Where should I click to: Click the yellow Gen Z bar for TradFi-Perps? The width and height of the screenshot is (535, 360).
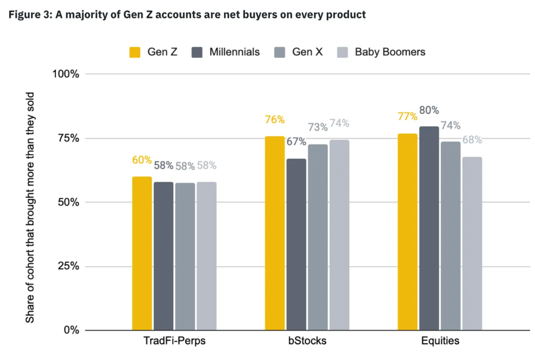tap(142, 253)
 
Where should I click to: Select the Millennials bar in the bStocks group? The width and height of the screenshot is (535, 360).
tap(296, 244)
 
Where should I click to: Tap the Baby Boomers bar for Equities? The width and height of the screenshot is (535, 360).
tap(472, 243)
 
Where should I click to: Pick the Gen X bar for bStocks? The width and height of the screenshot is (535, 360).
tap(317, 237)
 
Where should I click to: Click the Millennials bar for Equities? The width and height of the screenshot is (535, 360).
tap(429, 228)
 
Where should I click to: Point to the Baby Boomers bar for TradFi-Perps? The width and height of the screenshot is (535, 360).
tap(206, 256)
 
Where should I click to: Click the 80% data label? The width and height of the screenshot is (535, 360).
tap(429, 110)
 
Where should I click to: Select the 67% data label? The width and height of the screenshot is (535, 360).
tap(296, 141)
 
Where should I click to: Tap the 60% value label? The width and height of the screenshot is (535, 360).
tap(142, 160)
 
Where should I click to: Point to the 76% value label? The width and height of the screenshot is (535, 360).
tap(275, 119)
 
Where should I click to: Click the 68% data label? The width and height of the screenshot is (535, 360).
tap(472, 140)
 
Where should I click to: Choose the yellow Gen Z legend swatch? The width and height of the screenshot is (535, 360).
tap(135, 52)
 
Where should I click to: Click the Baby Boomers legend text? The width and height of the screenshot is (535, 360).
tap(390, 52)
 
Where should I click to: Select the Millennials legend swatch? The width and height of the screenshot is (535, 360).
tap(197, 52)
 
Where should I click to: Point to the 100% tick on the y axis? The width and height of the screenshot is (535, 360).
tap(66, 73)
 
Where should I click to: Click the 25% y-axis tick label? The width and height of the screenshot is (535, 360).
tap(68, 266)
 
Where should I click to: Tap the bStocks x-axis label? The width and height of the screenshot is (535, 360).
tap(307, 340)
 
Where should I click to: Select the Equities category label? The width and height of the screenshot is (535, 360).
tap(440, 340)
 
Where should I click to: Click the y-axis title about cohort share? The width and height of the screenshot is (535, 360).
tap(30, 207)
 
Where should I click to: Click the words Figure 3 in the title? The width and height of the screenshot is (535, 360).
tap(29, 15)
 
